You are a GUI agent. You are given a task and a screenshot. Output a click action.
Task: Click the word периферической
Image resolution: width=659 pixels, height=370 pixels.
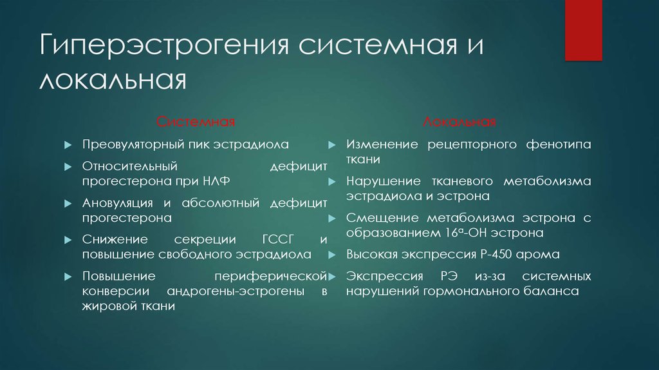pyautogui.click(x=272, y=276)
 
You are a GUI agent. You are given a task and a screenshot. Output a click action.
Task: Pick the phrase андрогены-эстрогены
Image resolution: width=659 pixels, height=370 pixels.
pyautogui.click(x=236, y=291)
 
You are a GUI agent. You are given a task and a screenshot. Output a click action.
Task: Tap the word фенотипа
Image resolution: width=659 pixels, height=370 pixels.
pyautogui.click(x=562, y=144)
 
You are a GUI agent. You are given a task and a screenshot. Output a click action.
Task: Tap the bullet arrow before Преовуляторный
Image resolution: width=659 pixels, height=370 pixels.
pyautogui.click(x=68, y=145)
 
